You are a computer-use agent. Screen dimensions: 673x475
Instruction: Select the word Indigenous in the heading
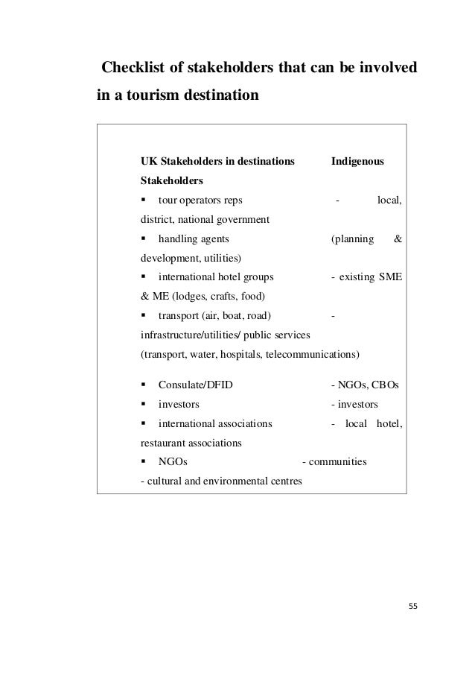(357, 160)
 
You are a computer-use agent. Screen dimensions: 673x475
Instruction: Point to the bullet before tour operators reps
(144, 200)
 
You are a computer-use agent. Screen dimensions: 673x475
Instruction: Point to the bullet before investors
(144, 405)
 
